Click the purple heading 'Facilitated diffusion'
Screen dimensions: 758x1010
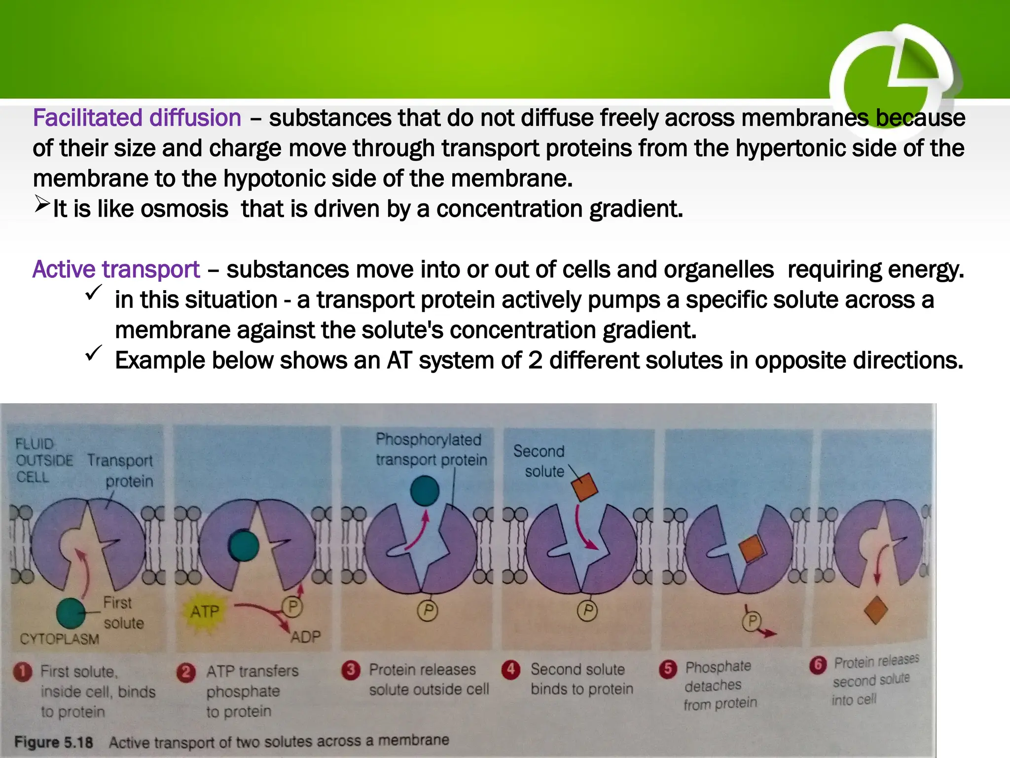coord(137,118)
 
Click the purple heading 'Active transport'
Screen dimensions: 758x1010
coord(116,270)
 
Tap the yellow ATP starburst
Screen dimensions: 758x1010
coord(204,612)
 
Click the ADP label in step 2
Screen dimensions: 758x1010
coord(305,637)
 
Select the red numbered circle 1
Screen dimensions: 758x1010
coord(23,672)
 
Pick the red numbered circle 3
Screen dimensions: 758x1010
coord(351,670)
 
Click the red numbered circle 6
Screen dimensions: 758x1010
coord(818,665)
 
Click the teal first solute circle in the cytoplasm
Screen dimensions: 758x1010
coord(71,613)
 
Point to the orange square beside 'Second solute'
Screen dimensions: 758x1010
coord(584,487)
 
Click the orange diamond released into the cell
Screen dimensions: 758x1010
coord(876,610)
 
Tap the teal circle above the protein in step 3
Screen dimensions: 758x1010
coord(425,491)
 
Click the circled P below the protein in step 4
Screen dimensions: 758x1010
coord(587,610)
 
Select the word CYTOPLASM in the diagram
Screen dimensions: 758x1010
coord(59,640)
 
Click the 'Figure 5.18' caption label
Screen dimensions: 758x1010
coord(53,742)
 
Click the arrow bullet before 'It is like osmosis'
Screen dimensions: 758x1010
coord(42,204)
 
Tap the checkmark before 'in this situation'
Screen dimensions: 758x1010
coord(93,293)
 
